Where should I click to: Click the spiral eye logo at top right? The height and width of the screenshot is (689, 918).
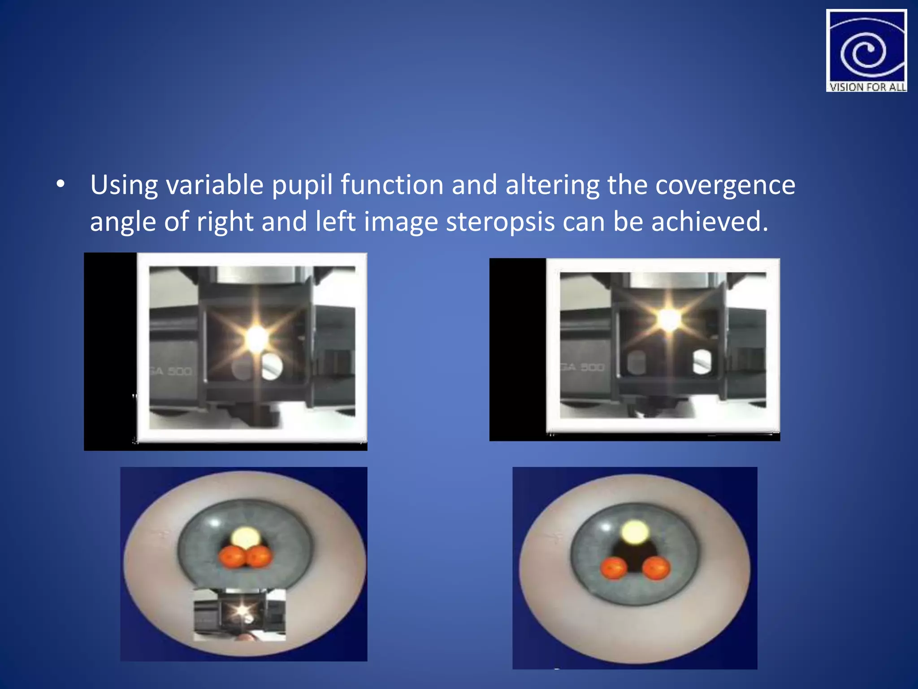click(866, 47)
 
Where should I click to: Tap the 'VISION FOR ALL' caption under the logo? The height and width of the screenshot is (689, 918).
click(867, 87)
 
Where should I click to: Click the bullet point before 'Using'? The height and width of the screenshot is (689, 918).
click(61, 184)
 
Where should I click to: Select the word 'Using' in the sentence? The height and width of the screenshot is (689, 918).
click(124, 185)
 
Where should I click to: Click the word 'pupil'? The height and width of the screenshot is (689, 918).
click(302, 185)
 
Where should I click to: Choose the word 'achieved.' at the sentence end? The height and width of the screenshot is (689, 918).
click(710, 222)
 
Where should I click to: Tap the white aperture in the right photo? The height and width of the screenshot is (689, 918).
click(701, 362)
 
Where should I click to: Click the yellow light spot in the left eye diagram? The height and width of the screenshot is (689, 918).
click(245, 537)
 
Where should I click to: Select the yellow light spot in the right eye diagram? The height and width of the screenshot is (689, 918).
click(635, 532)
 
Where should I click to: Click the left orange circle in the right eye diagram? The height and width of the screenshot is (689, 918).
click(614, 568)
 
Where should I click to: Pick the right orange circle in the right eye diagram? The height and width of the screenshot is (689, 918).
click(656, 568)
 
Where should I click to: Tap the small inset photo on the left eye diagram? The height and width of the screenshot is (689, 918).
click(239, 614)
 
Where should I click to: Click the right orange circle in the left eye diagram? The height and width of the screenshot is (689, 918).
click(260, 557)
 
